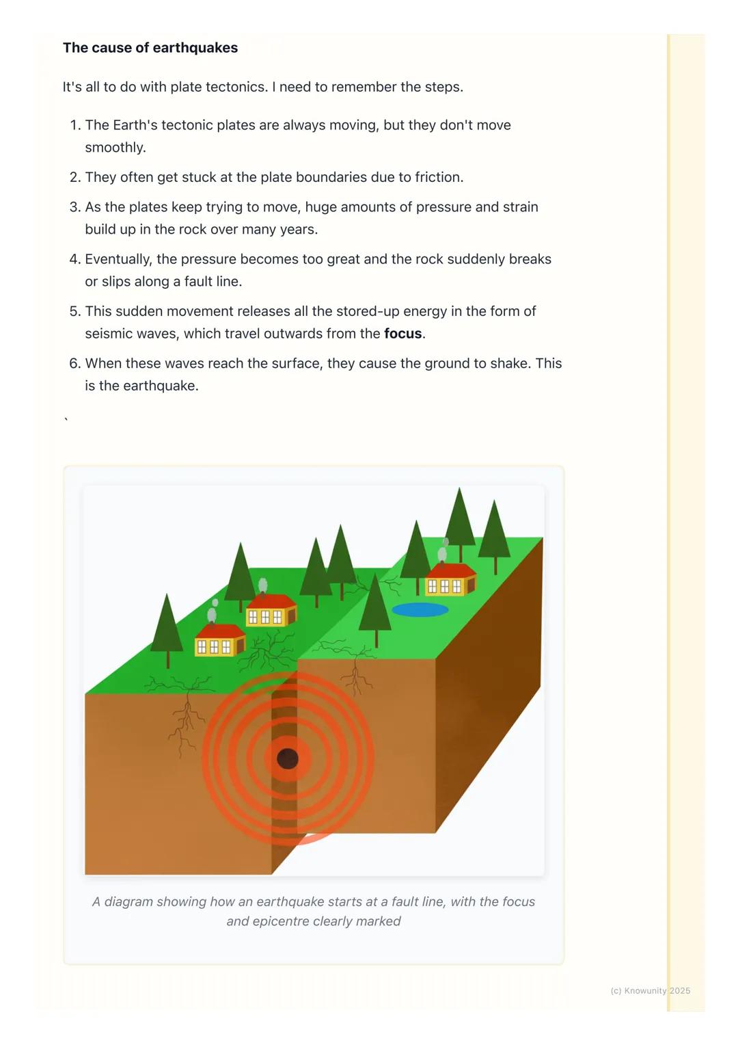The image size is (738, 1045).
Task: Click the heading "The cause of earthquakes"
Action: click(x=150, y=48)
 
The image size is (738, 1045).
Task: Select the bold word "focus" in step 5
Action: click(x=402, y=334)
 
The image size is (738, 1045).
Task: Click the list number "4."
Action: click(x=75, y=259)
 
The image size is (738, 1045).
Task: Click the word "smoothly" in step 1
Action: click(x=114, y=148)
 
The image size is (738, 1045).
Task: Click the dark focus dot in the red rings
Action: click(x=288, y=758)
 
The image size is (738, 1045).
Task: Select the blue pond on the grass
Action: click(x=420, y=609)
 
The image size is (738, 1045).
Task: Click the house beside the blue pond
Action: click(x=449, y=581)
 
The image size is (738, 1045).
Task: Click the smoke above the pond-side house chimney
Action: click(x=442, y=552)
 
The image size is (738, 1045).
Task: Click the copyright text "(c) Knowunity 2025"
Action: click(x=650, y=990)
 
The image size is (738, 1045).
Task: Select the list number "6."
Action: click(x=75, y=363)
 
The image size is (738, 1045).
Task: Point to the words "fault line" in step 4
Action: click(x=212, y=282)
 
